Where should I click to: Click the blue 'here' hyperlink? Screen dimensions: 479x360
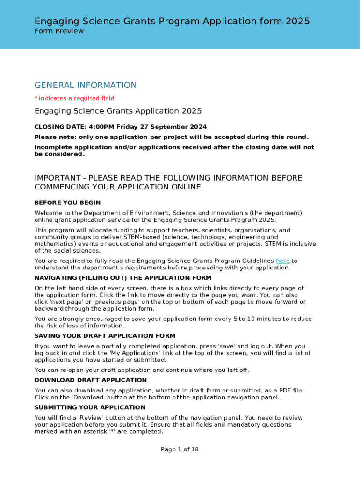pyautogui.click(x=283, y=261)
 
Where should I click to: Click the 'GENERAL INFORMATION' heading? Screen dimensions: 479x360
pyautogui.click(x=86, y=85)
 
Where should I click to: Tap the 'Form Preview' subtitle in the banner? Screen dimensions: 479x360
pyautogui.click(x=59, y=31)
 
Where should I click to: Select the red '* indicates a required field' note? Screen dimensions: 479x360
pyautogui.click(x=74, y=98)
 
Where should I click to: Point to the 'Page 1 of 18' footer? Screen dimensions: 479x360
pyautogui.click(x=180, y=450)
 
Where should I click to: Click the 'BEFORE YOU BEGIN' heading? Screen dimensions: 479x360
pyautogui.click(x=67, y=203)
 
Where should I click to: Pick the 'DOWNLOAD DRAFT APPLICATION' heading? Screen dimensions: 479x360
pyautogui.click(x=91, y=380)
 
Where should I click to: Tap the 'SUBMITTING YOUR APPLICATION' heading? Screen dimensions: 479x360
pyautogui.click(x=90, y=407)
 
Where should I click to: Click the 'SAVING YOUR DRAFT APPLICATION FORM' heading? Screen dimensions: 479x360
pyautogui.click(x=105, y=336)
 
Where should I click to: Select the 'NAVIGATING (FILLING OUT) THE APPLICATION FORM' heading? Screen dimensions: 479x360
pyautogui.click(x=123, y=277)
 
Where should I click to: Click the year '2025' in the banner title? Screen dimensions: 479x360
pyautogui.click(x=297, y=21)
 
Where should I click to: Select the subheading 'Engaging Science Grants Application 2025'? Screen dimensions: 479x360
pyautogui.click(x=118, y=111)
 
